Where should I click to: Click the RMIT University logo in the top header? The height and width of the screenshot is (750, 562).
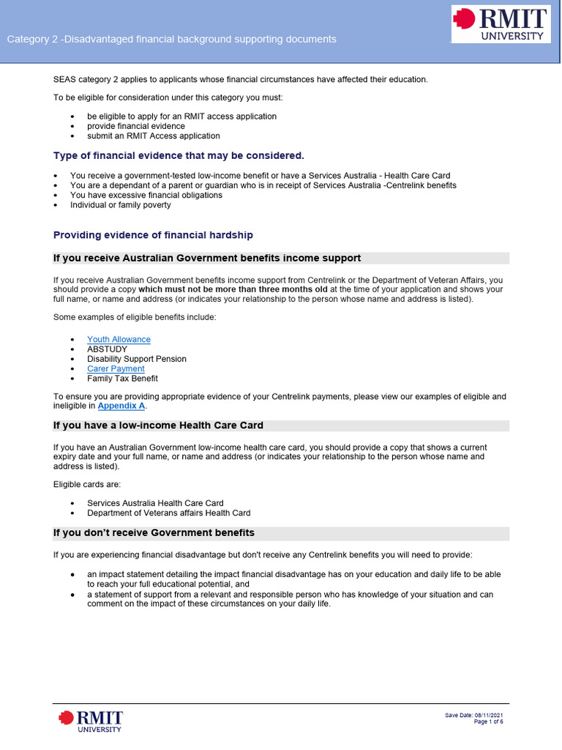click(501, 23)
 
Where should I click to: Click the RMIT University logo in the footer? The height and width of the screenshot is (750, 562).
click(91, 720)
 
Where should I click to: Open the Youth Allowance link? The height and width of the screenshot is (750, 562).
click(119, 339)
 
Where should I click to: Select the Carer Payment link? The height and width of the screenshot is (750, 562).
click(116, 369)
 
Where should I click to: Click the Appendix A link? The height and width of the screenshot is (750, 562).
click(121, 406)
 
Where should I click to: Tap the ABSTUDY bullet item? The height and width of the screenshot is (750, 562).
click(107, 349)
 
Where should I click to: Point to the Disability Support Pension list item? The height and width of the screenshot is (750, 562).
click(137, 359)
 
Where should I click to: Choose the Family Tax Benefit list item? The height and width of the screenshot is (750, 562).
click(122, 379)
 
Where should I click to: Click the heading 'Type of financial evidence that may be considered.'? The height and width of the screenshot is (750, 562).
click(179, 155)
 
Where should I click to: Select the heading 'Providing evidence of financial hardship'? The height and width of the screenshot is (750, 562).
click(153, 235)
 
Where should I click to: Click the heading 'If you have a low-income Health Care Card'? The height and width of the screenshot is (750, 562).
click(158, 426)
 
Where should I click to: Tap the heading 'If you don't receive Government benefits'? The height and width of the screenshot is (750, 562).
click(154, 532)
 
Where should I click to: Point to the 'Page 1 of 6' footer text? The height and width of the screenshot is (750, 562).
click(488, 722)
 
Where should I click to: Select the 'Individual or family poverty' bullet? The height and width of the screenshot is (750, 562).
click(120, 205)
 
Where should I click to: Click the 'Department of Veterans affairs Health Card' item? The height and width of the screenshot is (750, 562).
click(168, 513)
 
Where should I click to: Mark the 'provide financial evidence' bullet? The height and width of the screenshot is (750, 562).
click(136, 126)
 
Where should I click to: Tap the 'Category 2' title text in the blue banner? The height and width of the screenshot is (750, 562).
click(171, 40)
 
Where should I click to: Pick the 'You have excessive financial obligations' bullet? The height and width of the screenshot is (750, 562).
click(146, 196)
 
